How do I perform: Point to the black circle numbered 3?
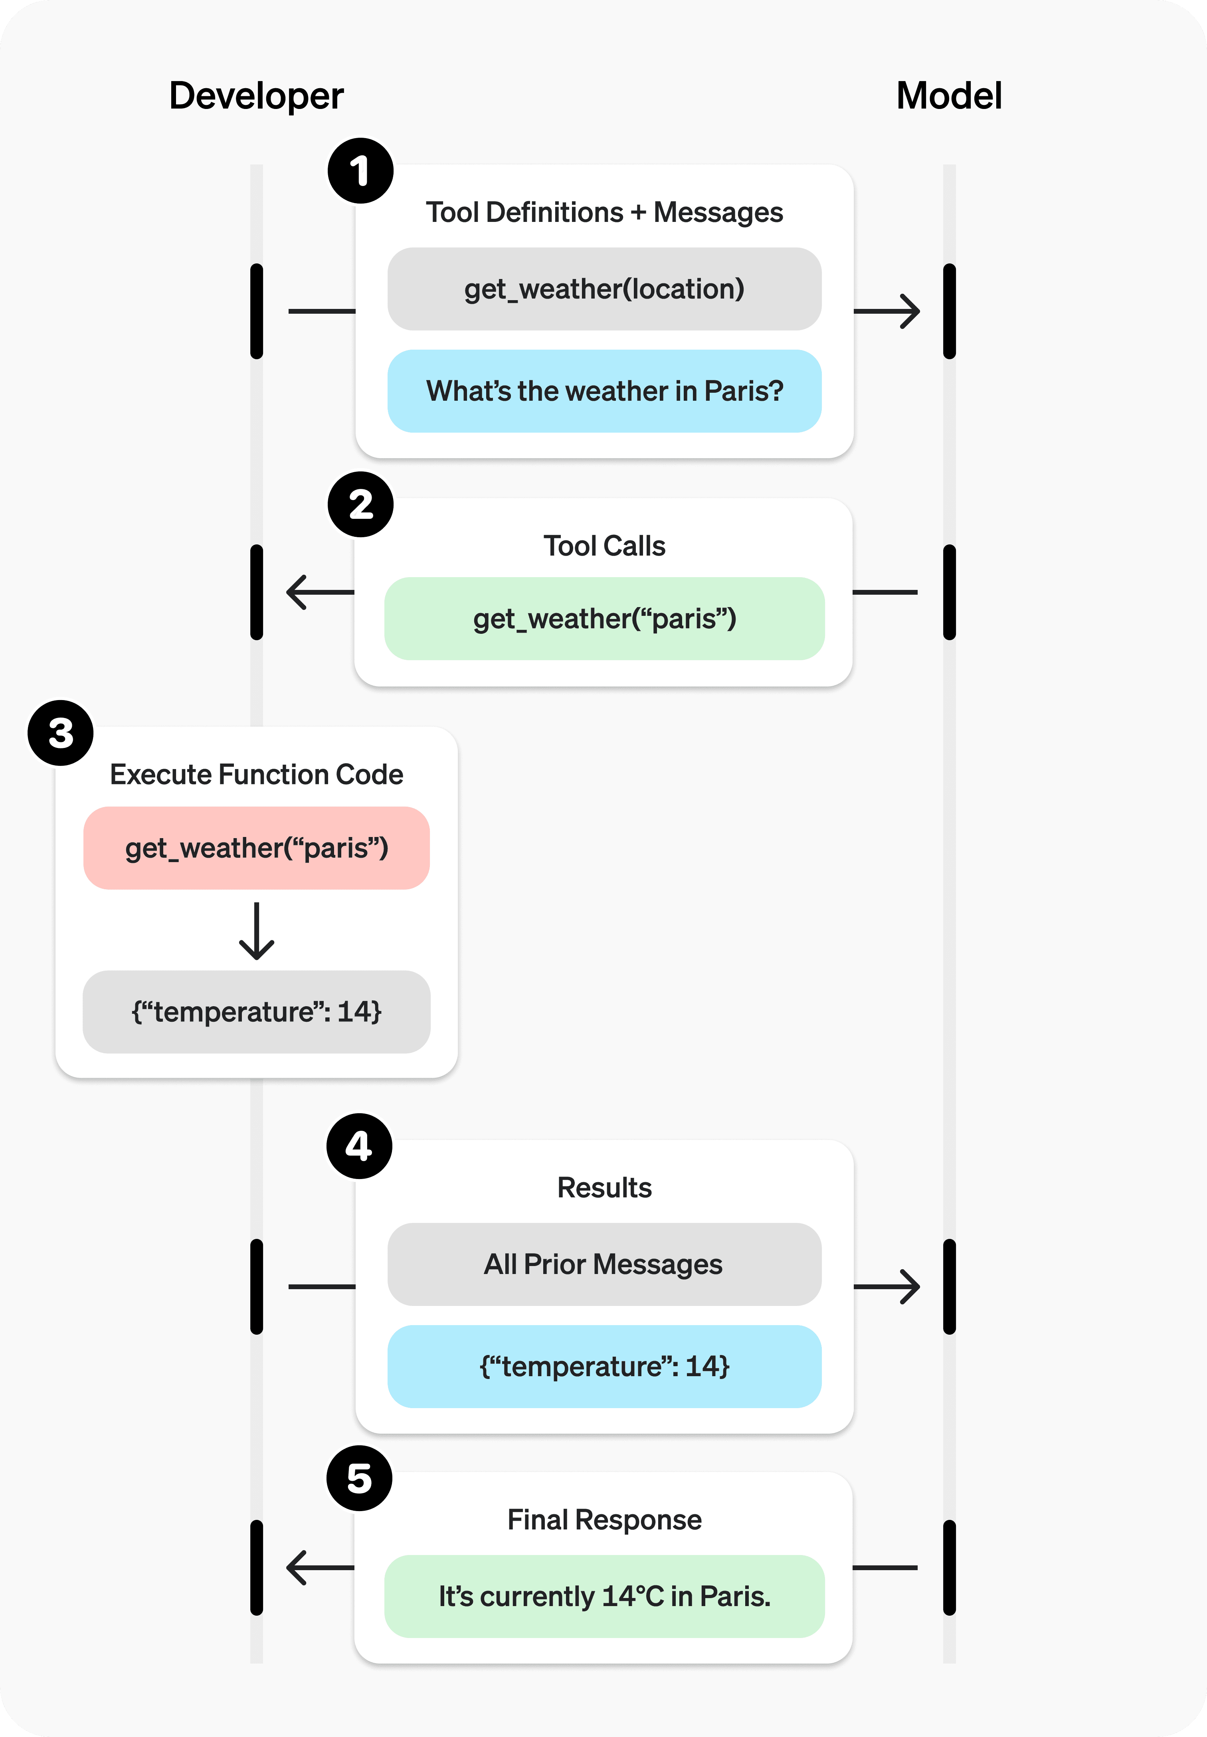click(61, 733)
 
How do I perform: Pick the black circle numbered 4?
click(359, 1145)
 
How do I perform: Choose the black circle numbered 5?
click(359, 1478)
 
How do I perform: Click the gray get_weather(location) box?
click(604, 289)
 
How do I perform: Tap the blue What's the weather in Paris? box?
click(604, 391)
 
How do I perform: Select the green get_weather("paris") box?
click(604, 619)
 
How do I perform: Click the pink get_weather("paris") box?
click(256, 848)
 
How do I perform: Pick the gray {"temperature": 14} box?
click(256, 1012)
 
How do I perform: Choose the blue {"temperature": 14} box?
click(604, 1367)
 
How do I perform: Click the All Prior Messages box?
click(604, 1264)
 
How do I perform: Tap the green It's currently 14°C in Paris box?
click(604, 1597)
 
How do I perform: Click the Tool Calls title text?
click(604, 546)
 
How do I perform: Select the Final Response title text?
click(604, 1520)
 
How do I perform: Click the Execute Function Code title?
click(256, 774)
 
